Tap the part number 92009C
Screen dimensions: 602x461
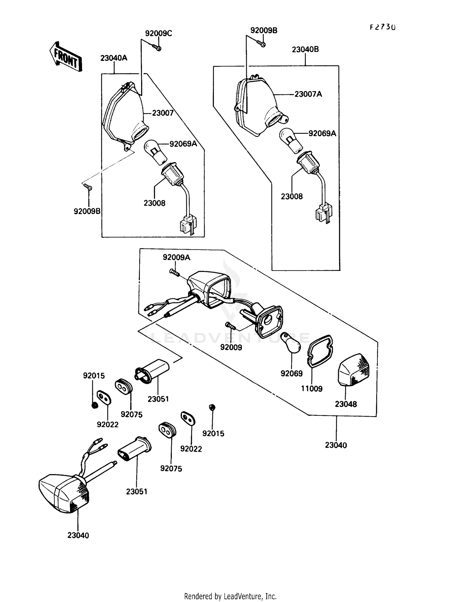coord(159,33)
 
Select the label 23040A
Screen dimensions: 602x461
coord(114,58)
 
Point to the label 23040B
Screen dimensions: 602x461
coord(305,49)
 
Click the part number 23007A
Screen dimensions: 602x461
coord(308,94)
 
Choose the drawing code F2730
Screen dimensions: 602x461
coord(382,27)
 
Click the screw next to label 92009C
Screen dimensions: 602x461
coord(157,48)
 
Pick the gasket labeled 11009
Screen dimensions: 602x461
coord(321,351)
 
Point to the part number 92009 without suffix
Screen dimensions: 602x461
coord(231,347)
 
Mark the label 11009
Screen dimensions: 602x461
coord(312,389)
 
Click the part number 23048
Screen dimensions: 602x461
coord(346,404)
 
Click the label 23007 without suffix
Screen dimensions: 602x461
coord(163,113)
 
